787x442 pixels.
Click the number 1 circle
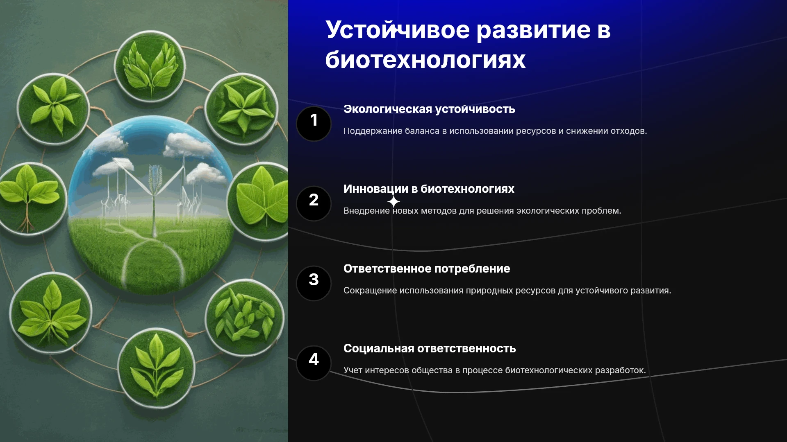[x=314, y=124]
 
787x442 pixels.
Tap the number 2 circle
[x=314, y=203]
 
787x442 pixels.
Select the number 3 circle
[x=314, y=283]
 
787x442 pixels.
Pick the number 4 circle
[x=314, y=363]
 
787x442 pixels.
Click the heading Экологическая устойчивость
[x=429, y=109]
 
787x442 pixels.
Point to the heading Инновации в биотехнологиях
[x=429, y=189]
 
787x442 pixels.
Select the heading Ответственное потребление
[x=427, y=268]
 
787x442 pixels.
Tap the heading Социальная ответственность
[x=430, y=348]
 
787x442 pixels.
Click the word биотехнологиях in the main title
[x=425, y=60]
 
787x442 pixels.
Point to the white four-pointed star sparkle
[x=393, y=202]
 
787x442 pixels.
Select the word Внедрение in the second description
[x=366, y=211]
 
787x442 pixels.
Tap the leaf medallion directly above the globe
[x=150, y=66]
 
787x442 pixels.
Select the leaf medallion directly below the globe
[x=156, y=368]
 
